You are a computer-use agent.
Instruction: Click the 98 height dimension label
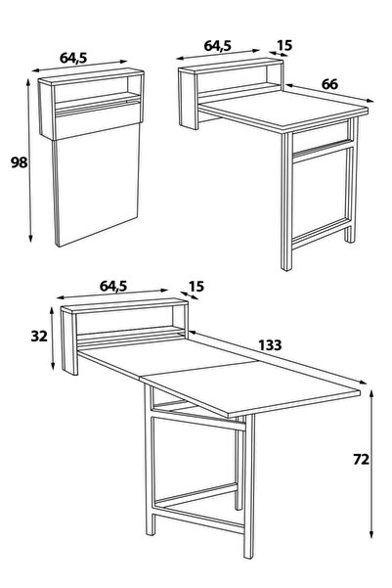coord(20,162)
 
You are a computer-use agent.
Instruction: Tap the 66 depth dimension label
coord(329,84)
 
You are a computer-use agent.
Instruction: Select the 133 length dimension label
coord(270,345)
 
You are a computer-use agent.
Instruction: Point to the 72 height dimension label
coord(362,459)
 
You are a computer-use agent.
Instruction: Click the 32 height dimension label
coord(39,336)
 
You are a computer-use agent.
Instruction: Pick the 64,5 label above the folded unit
coord(73,58)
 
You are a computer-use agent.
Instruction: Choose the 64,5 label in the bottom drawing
coord(113,286)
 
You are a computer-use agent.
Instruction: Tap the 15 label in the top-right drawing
coord(284,45)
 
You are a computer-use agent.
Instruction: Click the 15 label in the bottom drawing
coord(196,287)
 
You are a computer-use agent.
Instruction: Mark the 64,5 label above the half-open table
coord(218,46)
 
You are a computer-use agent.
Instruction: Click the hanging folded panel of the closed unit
coord(97,184)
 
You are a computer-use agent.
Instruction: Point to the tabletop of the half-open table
coord(283,111)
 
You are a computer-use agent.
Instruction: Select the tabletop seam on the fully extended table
coord(198,370)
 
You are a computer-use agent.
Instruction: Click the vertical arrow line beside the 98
coord(29,160)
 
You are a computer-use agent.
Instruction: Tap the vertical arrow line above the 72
coord(371,464)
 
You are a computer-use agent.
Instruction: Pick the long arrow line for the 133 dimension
coord(278,357)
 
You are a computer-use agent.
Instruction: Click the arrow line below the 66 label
coord(329,93)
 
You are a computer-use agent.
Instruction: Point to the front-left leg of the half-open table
coord(286,202)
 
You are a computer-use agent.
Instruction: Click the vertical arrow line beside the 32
coord(53,338)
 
